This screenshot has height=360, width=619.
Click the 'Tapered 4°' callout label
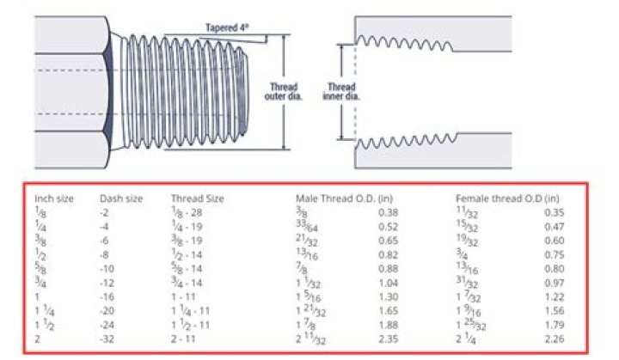tap(227, 27)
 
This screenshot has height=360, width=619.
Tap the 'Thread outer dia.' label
tap(284, 92)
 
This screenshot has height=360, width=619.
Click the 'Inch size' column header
tap(54, 198)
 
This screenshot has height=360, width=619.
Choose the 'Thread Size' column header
tap(197, 198)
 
